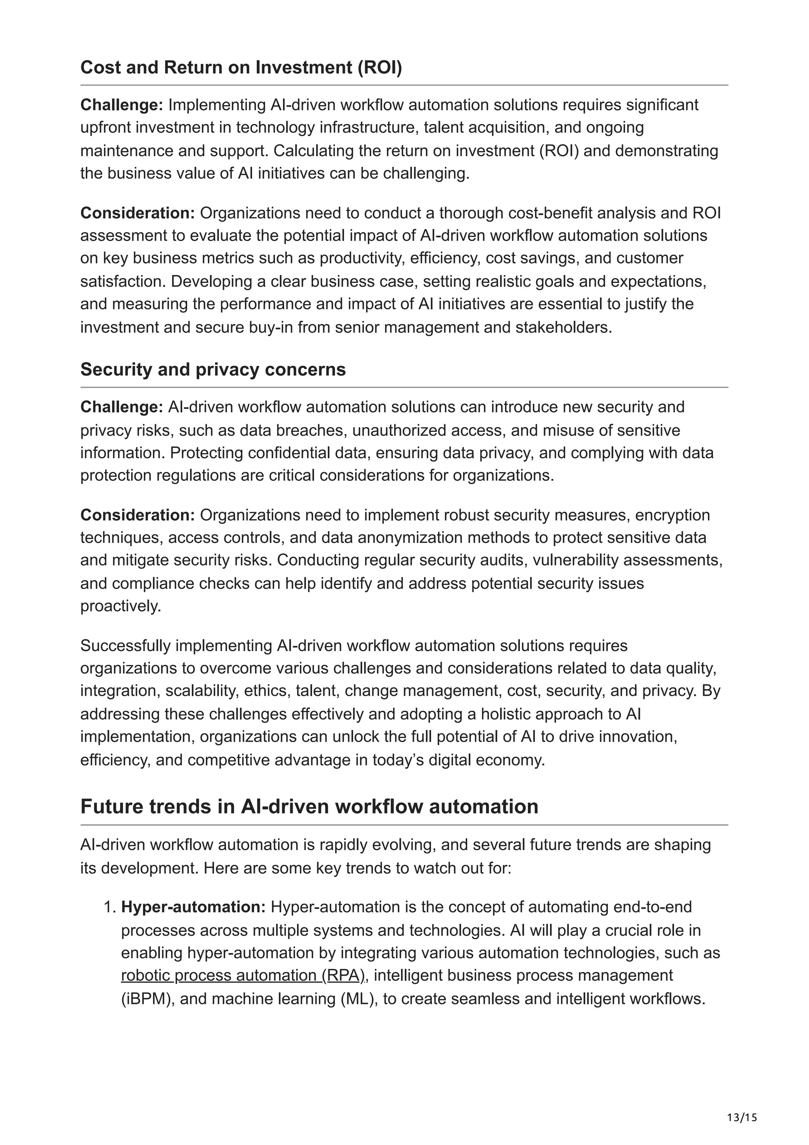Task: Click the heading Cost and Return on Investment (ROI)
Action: tap(241, 67)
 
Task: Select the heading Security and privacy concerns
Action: tap(213, 369)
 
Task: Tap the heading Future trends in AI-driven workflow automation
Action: tap(309, 806)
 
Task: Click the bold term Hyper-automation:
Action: tap(194, 907)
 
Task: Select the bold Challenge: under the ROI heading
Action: tap(122, 105)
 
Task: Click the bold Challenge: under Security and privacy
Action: tap(122, 407)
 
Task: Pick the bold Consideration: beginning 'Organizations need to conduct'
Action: tap(137, 213)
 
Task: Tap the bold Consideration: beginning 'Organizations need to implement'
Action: tap(137, 515)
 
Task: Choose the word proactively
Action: tap(120, 606)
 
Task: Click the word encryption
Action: tap(672, 515)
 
